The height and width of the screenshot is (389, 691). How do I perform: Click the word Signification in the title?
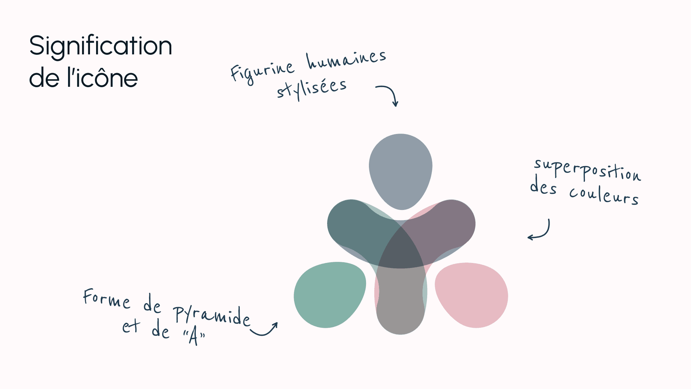[100, 46]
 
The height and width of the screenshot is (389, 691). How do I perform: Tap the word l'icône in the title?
[102, 78]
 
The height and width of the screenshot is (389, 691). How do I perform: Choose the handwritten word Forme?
[107, 298]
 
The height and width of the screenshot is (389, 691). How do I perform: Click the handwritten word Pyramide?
[212, 316]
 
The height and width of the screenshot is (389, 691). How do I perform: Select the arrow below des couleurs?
[540, 231]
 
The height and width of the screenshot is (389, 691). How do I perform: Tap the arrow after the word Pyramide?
[264, 329]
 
